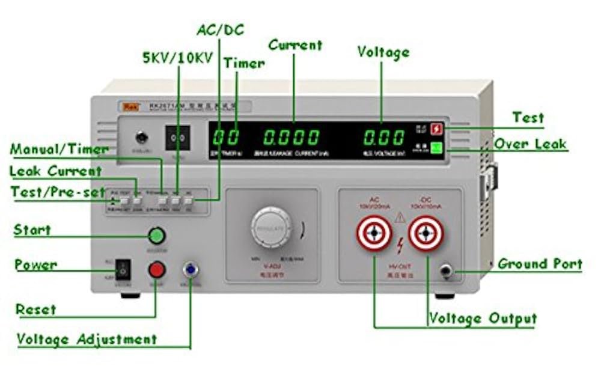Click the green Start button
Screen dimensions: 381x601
[x=156, y=235]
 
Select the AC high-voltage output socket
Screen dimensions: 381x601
[x=374, y=234]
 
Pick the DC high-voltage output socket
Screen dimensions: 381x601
[x=426, y=233]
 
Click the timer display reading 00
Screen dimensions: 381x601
[x=226, y=138]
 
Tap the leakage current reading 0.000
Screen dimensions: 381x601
[x=291, y=138]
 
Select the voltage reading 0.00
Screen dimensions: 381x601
[x=383, y=138]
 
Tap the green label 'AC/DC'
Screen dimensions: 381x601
[x=221, y=29]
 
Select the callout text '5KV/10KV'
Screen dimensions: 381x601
[x=177, y=58]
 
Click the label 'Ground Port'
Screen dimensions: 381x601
[x=540, y=264]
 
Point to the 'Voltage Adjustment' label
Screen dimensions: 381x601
[x=86, y=339]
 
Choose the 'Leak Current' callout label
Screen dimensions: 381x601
[x=55, y=171]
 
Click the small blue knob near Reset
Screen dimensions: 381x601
[x=191, y=269]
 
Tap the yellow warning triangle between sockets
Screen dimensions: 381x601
[x=400, y=218]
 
